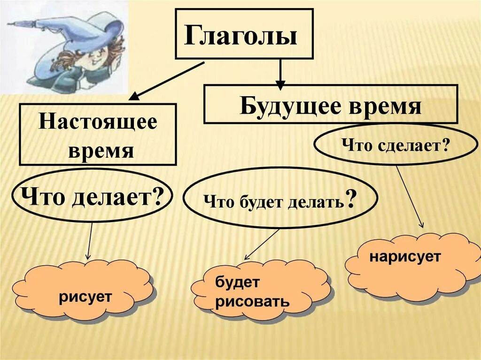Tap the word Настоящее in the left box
pos(98,123)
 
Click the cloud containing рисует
pos(83,291)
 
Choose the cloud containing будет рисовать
pos(261,291)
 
